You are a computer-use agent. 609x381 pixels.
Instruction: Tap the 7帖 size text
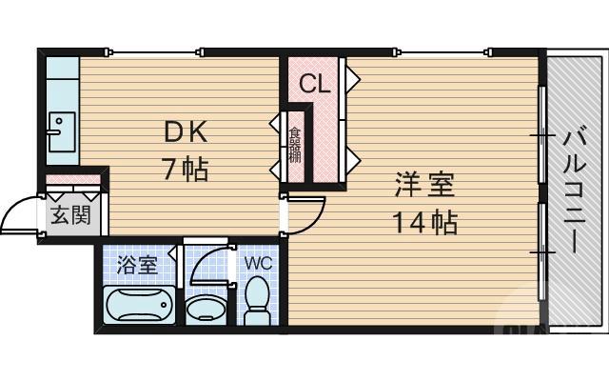tap(184, 170)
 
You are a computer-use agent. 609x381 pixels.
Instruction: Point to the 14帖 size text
tap(424, 223)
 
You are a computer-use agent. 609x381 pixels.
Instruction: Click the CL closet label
tap(315, 84)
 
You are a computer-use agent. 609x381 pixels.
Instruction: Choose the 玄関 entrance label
tap(69, 214)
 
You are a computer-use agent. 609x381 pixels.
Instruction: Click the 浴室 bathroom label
tap(137, 265)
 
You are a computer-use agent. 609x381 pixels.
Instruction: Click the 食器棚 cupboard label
tap(295, 145)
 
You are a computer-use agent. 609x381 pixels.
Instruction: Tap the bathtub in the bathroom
tap(137, 307)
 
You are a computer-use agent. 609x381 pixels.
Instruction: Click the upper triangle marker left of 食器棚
tap(275, 124)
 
